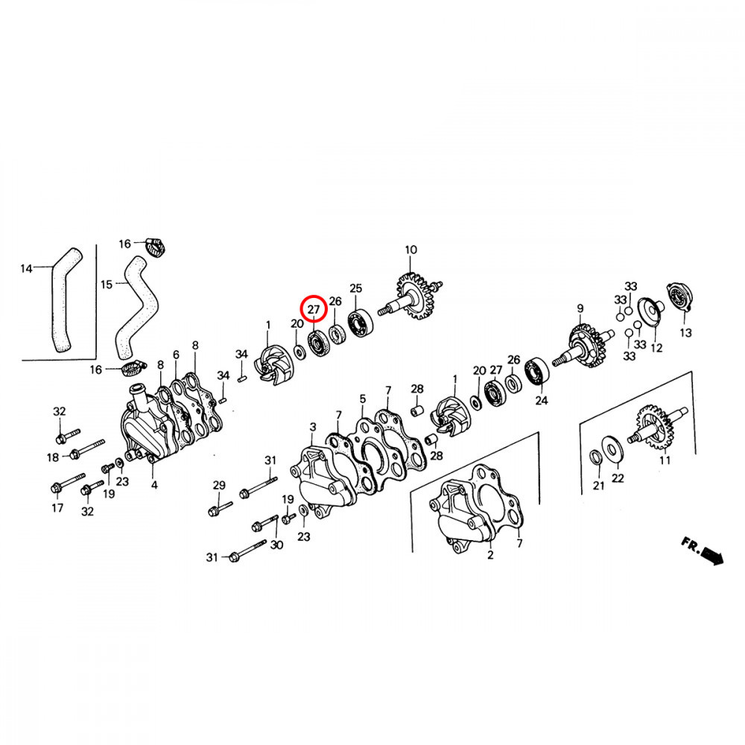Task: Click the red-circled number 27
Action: (314, 309)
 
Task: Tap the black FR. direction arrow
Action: (712, 555)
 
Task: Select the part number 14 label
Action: (26, 269)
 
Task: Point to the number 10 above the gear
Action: (410, 250)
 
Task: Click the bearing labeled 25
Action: (360, 322)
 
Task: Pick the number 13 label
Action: (685, 332)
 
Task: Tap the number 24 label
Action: (541, 401)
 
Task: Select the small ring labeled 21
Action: (595, 457)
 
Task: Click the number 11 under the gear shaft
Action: (665, 460)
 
